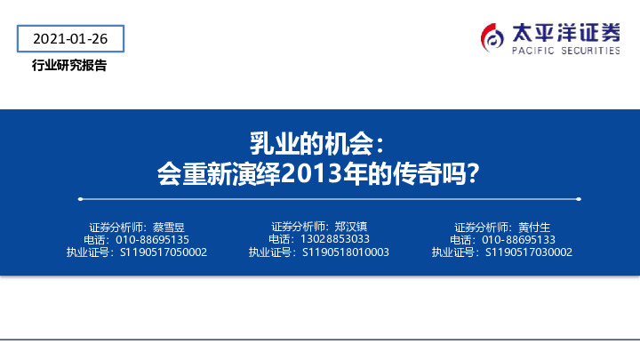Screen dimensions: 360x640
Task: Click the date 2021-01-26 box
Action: click(x=69, y=39)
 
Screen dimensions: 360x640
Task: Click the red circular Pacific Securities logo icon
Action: click(x=492, y=36)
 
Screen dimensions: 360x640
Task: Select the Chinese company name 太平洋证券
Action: click(x=565, y=31)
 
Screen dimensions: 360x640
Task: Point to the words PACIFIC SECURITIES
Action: click(x=565, y=52)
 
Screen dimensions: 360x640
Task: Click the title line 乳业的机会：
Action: click(x=318, y=143)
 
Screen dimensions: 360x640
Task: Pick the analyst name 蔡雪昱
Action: click(x=168, y=227)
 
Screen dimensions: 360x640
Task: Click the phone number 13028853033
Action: click(x=334, y=239)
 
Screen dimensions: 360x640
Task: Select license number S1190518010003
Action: click(x=346, y=252)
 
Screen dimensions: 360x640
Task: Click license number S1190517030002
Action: click(x=529, y=252)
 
